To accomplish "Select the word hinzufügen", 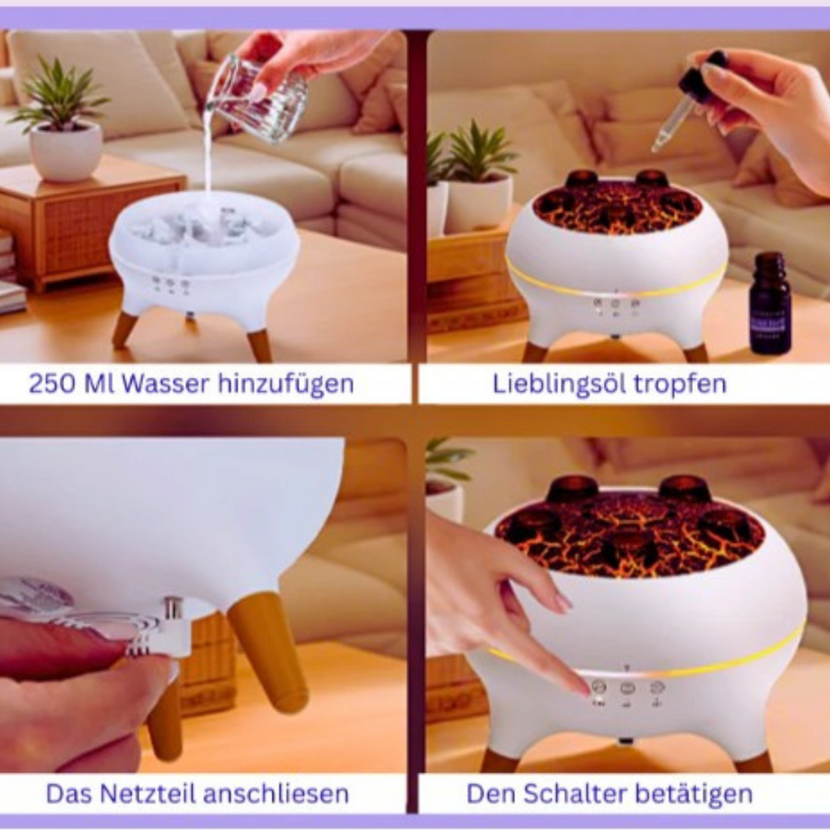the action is [x=287, y=384].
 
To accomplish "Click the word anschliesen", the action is [x=276, y=793].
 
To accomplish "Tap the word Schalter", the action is [x=575, y=793].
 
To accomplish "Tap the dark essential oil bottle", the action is [x=770, y=302].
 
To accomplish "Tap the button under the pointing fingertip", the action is [x=599, y=688].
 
